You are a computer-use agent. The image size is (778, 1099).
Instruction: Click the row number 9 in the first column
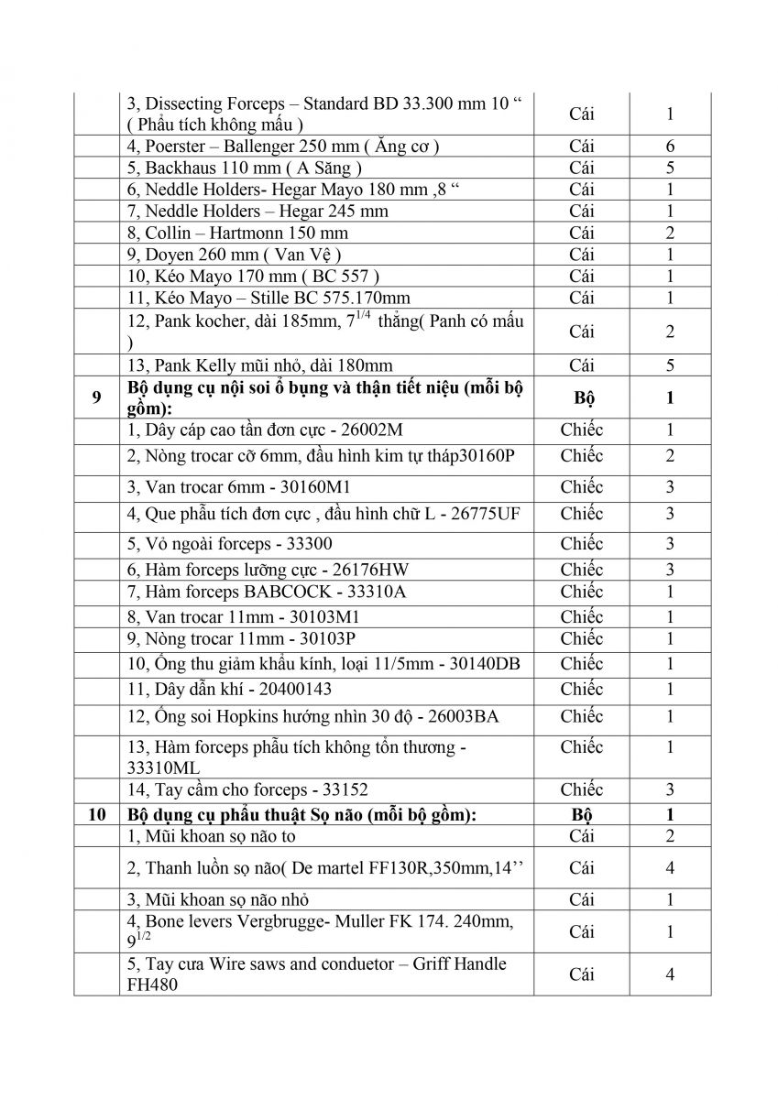click(96, 397)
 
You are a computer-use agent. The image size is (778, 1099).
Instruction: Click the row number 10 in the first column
click(96, 814)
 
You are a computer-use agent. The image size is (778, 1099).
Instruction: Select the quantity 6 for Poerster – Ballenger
click(670, 146)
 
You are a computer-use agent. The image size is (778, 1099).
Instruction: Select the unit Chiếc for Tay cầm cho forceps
click(581, 789)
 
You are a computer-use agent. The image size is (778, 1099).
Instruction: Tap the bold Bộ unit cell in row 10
click(581, 814)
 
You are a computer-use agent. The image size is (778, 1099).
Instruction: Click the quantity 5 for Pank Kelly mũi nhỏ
click(670, 365)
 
